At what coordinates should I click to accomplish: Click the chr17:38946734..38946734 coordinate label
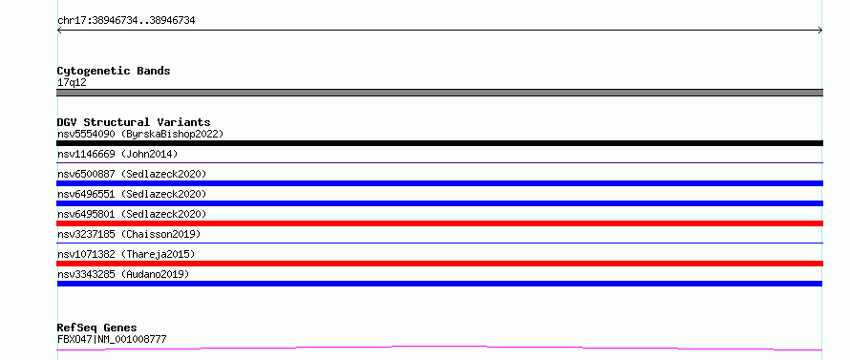click(x=126, y=21)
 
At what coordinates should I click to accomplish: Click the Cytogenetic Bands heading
click(x=114, y=71)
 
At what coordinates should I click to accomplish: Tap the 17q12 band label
click(x=72, y=83)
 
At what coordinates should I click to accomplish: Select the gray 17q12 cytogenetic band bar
click(x=439, y=93)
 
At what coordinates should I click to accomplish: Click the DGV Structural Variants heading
click(x=134, y=122)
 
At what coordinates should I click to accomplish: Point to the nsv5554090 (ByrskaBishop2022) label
click(x=140, y=134)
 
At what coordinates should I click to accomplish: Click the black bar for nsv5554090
click(x=439, y=143)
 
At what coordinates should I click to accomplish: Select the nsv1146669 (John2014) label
click(x=117, y=154)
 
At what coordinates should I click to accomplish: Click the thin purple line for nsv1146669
click(x=439, y=162)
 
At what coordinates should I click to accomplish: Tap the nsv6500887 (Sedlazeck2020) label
click(x=132, y=174)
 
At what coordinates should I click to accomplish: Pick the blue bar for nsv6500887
click(x=439, y=183)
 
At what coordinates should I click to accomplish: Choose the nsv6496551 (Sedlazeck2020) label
click(x=132, y=194)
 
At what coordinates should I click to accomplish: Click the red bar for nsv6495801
click(x=439, y=223)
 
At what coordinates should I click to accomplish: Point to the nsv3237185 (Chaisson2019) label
click(x=129, y=234)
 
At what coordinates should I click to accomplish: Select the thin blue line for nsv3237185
click(x=439, y=243)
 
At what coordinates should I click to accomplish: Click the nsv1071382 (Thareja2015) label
click(x=126, y=254)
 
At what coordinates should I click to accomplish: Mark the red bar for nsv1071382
click(x=439, y=264)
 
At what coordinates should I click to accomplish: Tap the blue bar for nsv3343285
click(x=439, y=284)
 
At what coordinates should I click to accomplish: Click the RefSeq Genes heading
click(x=97, y=328)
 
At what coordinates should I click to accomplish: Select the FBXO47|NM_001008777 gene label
click(x=112, y=339)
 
